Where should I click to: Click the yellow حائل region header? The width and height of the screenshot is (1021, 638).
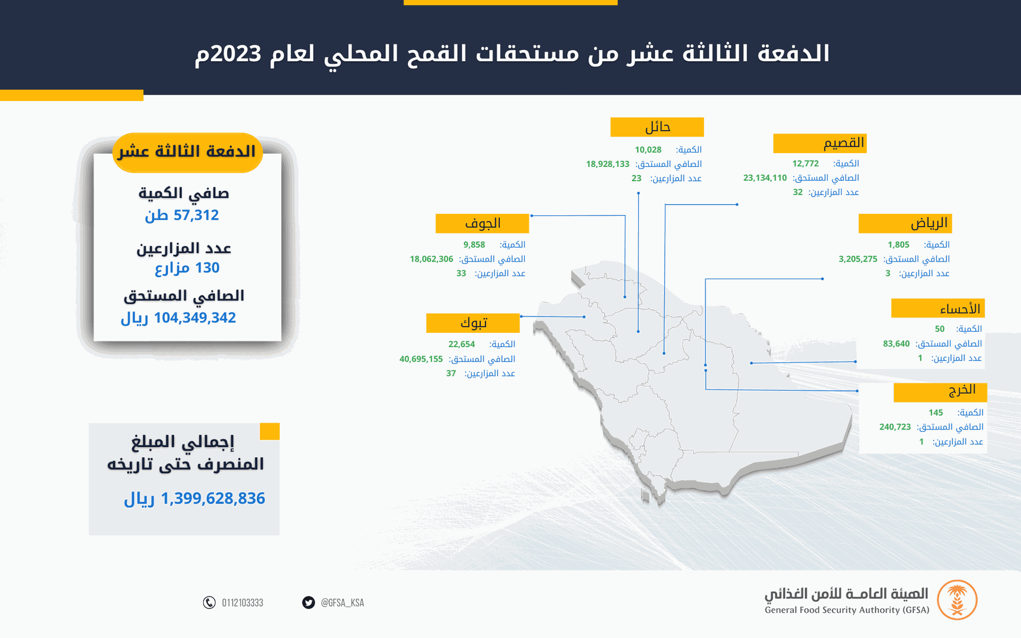tap(657, 127)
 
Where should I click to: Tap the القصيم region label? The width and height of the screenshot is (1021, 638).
tap(820, 143)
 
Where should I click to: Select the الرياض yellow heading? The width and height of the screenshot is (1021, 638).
tap(905, 223)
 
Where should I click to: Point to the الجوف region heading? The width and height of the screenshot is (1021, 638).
tap(482, 223)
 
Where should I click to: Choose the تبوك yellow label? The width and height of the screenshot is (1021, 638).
tap(473, 323)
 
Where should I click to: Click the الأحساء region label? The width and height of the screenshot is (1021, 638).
tap(938, 308)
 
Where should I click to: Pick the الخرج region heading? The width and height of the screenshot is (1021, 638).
tap(940, 392)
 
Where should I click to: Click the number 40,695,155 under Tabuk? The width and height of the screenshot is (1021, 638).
tap(421, 359)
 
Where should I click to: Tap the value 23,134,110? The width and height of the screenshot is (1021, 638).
tap(765, 178)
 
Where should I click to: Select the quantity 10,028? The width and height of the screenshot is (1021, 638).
tap(648, 150)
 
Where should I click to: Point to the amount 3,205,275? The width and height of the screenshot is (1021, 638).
tap(858, 259)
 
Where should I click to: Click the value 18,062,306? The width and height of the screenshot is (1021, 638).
tap(431, 259)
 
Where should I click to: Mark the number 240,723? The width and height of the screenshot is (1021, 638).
tap(895, 427)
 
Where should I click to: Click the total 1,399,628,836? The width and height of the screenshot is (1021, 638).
tap(213, 498)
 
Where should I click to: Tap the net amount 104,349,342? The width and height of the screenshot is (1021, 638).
tap(195, 317)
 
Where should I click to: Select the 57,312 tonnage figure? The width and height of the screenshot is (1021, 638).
tap(196, 215)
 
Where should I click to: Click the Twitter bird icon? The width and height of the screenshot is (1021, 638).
tap(308, 602)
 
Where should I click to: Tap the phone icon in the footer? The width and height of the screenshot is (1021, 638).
tap(210, 602)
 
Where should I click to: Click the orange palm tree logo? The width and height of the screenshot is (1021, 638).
tap(957, 600)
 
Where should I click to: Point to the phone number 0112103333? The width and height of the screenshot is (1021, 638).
tap(242, 602)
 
